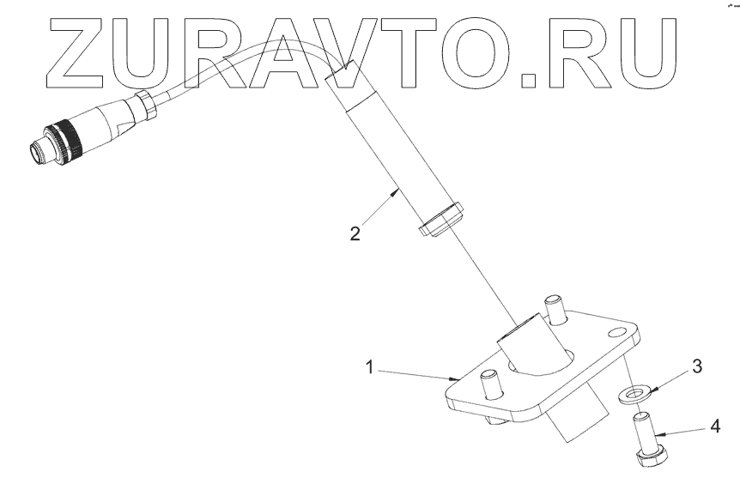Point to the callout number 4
[715, 425]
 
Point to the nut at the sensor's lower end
[441, 218]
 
